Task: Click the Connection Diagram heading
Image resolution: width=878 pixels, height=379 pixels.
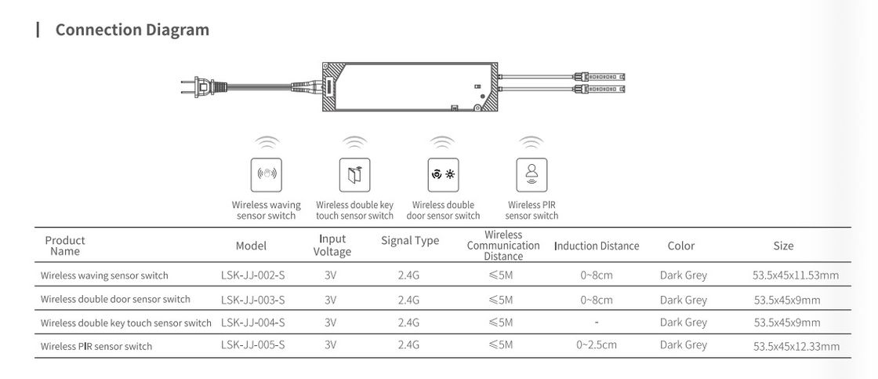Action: pyautogui.click(x=132, y=31)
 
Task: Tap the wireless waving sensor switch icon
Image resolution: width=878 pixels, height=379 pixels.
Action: pyautogui.click(x=266, y=174)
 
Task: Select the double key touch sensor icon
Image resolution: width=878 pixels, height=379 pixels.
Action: pyautogui.click(x=354, y=174)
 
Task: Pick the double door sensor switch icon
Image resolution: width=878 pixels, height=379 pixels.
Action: pyautogui.click(x=443, y=174)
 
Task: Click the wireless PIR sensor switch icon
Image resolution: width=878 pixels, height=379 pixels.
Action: pyautogui.click(x=532, y=174)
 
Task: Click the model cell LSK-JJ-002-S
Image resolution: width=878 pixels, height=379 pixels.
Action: pyautogui.click(x=252, y=275)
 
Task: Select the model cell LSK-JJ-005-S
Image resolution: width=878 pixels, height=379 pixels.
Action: pyautogui.click(x=252, y=344)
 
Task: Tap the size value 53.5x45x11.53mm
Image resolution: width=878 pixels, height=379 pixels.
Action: pyautogui.click(x=796, y=275)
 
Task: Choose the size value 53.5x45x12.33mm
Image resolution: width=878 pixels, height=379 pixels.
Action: pyautogui.click(x=796, y=346)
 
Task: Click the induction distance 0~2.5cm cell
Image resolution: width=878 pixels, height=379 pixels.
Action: pyautogui.click(x=597, y=344)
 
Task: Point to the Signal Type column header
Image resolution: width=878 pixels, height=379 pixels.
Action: pyautogui.click(x=410, y=241)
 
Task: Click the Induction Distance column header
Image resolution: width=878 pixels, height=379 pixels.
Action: pyautogui.click(x=597, y=246)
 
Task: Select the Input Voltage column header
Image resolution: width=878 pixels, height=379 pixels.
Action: pyautogui.click(x=332, y=245)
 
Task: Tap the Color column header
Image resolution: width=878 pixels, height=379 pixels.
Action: pyautogui.click(x=681, y=246)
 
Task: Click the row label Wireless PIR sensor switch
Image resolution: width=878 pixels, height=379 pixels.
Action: pyautogui.click(x=96, y=346)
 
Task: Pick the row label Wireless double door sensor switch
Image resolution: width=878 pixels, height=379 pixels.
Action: pyautogui.click(x=115, y=299)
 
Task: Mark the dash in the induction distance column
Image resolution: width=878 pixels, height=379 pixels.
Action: pyautogui.click(x=597, y=322)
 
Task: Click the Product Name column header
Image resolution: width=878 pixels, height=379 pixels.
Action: pyautogui.click(x=65, y=246)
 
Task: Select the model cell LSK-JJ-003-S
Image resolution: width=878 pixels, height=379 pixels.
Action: pyautogui.click(x=252, y=299)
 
